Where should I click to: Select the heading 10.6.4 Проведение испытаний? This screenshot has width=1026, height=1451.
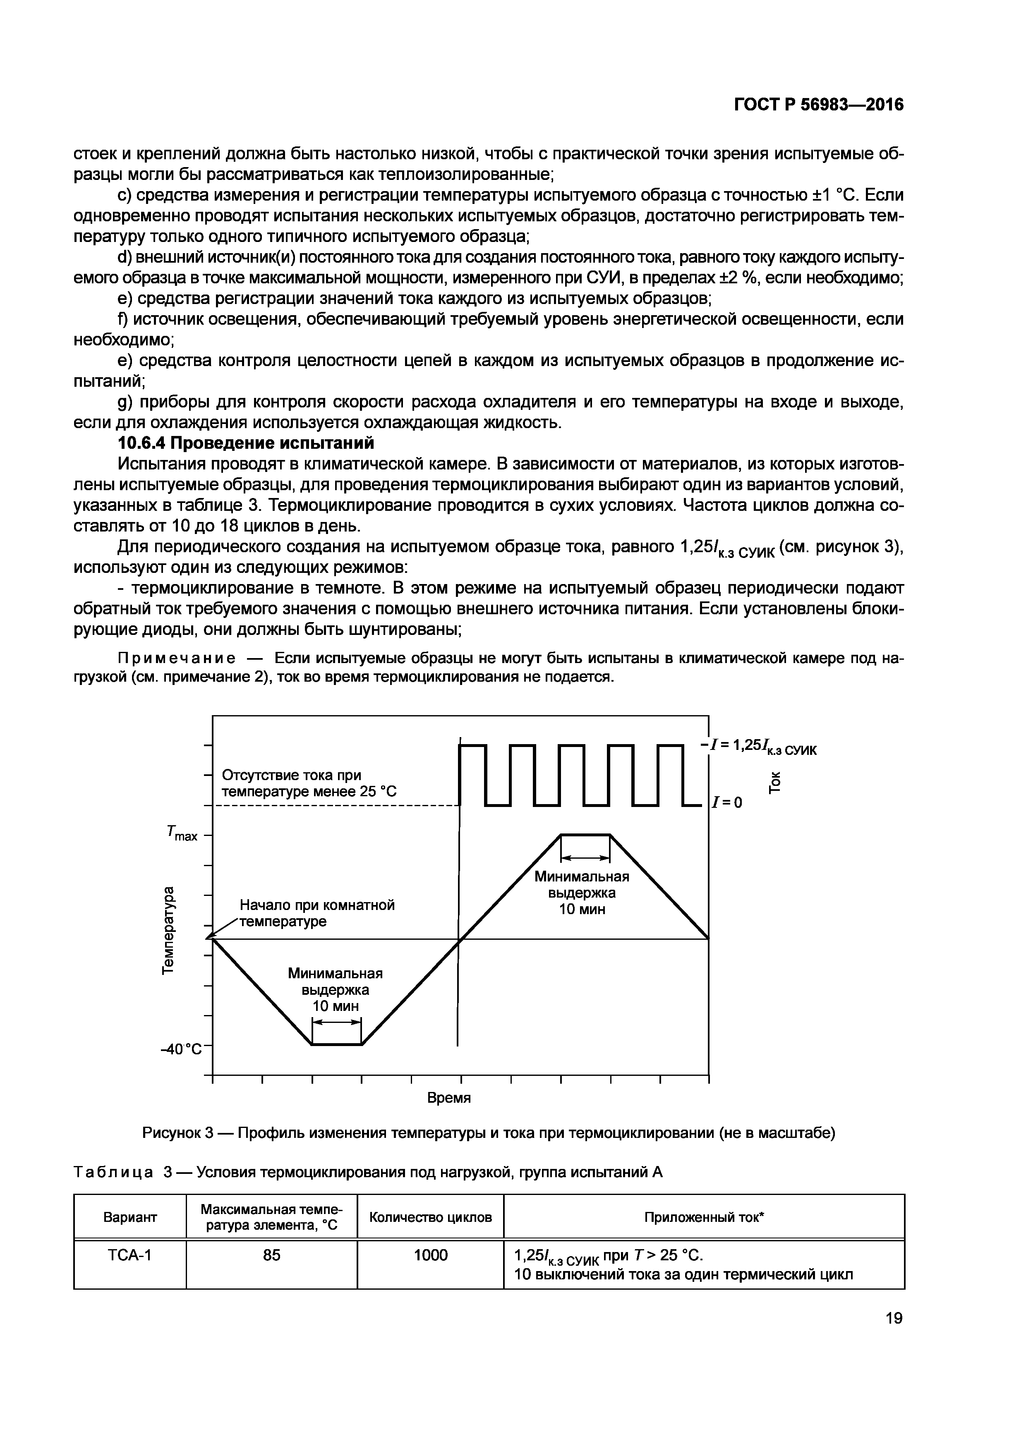247,443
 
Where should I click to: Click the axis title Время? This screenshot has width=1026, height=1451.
449,1098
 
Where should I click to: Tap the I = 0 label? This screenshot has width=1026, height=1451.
727,802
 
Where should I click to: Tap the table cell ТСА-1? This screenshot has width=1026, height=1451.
130,1255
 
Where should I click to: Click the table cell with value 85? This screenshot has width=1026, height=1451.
272,1255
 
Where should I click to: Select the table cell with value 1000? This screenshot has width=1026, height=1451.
431,1255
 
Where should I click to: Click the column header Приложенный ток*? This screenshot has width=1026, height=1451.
704,1217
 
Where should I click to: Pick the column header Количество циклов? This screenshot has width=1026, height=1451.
431,1217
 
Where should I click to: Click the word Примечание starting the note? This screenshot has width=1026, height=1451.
177,658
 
